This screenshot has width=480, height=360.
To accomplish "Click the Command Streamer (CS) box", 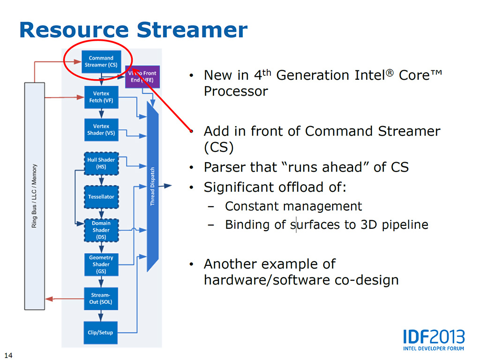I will (x=101, y=61).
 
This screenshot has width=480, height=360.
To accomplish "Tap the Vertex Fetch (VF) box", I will (x=101, y=97).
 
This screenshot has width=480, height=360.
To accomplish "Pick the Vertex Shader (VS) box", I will (x=101, y=129).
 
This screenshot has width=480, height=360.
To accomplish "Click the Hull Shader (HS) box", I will (x=101, y=163).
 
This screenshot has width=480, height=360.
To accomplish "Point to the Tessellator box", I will (x=101, y=197).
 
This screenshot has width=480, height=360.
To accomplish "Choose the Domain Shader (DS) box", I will (x=101, y=230).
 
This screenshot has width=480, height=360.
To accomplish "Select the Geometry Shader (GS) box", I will (x=101, y=264).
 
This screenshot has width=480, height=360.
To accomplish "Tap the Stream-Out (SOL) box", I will (x=101, y=299).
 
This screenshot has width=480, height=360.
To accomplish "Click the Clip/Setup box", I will (x=101, y=332).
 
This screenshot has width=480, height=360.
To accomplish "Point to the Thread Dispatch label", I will (x=152, y=187).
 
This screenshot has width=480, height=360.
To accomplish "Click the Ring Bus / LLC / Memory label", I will (x=34, y=196).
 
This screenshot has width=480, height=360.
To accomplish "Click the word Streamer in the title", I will (x=192, y=30).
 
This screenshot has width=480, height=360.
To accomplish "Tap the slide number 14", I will (x=8, y=353).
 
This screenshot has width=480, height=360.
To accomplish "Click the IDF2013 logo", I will (x=434, y=338).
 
